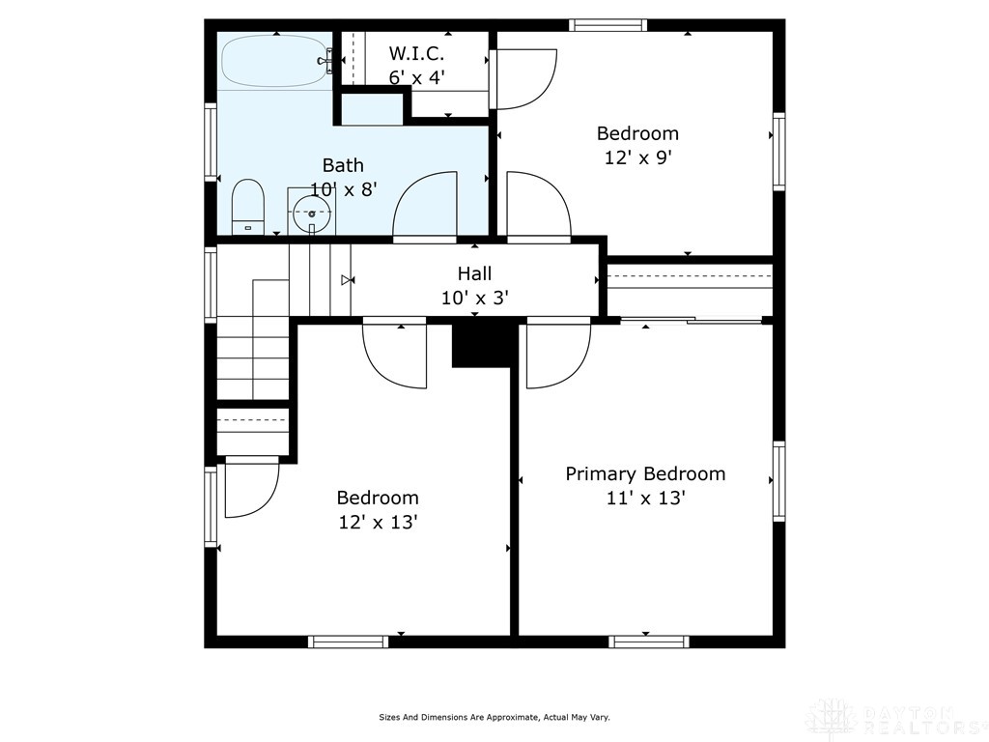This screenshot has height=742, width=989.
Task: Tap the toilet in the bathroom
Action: tap(248, 206)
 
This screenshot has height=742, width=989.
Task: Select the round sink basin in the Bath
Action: tap(311, 213)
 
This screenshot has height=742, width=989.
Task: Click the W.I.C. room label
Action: tap(416, 53)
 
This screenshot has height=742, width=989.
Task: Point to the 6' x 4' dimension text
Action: tap(416, 77)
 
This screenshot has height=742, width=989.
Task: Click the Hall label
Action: tap(474, 273)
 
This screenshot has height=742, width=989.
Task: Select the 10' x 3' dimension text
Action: tap(474, 298)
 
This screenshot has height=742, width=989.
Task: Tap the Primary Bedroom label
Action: tap(645, 473)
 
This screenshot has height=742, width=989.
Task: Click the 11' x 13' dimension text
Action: tap(645, 499)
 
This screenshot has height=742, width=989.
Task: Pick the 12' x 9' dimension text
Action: tap(637, 157)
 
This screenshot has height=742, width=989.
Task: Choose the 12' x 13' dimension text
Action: tap(378, 523)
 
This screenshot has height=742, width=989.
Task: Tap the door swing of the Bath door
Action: tap(425, 206)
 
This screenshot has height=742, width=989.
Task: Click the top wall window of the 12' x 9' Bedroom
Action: tap(608, 25)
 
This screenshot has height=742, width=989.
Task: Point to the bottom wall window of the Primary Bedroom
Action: tap(649, 641)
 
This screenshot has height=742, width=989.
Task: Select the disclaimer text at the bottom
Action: tap(494, 717)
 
